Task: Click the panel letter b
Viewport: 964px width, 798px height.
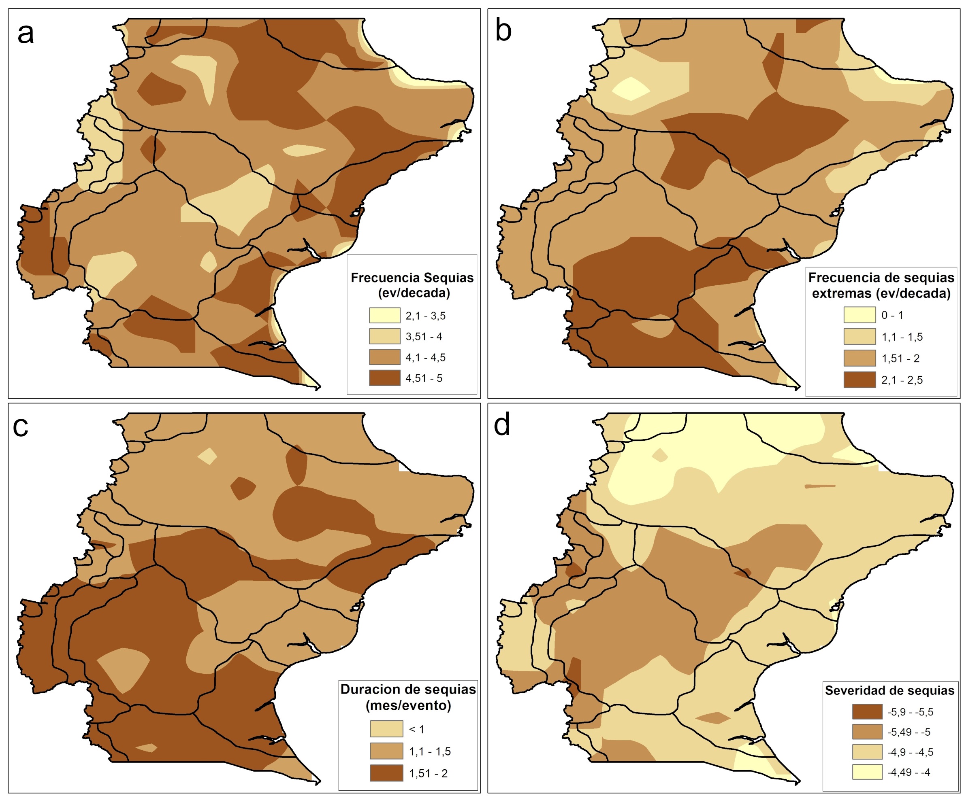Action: click(503, 31)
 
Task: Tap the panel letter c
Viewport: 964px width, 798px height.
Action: click(21, 427)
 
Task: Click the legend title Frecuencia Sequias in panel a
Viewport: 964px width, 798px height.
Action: click(412, 278)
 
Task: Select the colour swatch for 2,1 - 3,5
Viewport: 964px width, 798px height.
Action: click(384, 316)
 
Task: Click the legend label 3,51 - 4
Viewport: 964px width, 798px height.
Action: click(423, 337)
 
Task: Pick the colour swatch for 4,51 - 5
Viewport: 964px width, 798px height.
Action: click(384, 378)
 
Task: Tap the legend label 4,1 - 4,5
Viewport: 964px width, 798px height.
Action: click(425, 357)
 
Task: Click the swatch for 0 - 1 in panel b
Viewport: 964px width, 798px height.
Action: click(859, 315)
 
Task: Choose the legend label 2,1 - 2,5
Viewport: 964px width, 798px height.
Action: click(902, 380)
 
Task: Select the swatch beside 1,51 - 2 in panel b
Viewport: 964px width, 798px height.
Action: click(859, 358)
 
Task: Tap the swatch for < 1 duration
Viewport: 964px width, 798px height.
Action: click(386, 729)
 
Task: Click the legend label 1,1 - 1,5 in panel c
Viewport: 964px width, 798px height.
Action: click(430, 751)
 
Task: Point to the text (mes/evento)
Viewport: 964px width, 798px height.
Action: click(408, 705)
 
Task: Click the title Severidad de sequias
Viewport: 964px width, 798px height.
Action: click(889, 690)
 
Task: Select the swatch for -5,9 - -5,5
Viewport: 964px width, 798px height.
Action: click(867, 712)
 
